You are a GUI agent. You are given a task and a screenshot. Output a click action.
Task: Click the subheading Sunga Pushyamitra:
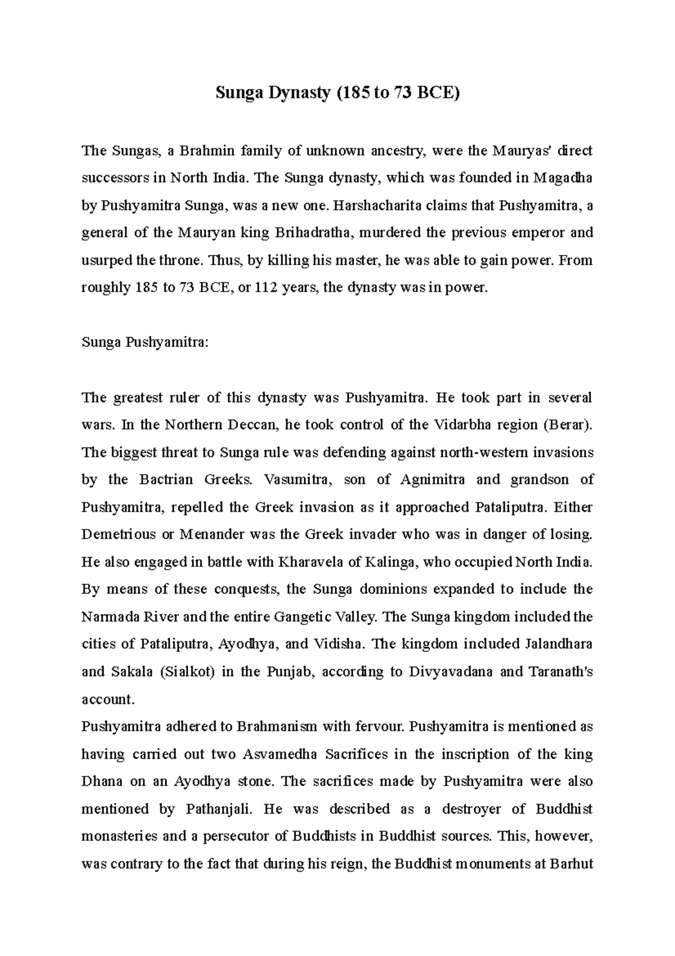[x=145, y=342]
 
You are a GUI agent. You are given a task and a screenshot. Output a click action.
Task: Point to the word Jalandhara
[x=559, y=644]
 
